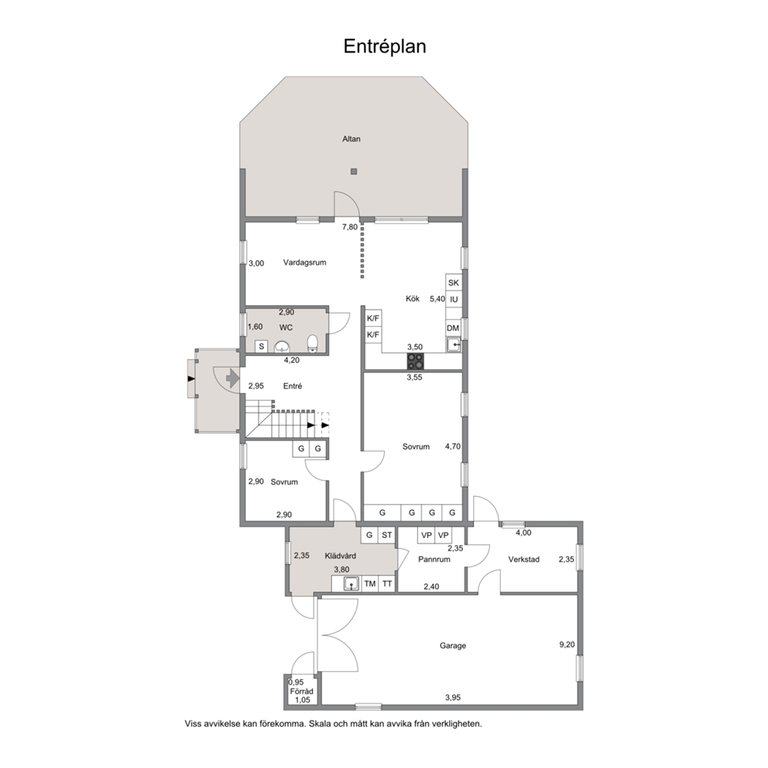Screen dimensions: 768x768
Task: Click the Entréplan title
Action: (385, 46)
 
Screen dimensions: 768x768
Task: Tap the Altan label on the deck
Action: (351, 139)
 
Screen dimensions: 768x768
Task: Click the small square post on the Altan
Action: (354, 171)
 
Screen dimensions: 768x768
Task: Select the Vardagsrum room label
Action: (305, 262)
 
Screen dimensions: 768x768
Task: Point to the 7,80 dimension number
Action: (350, 228)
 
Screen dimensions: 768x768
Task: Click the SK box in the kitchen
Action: (454, 283)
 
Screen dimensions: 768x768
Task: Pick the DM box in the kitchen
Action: (453, 328)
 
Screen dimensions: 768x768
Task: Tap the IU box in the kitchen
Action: (454, 300)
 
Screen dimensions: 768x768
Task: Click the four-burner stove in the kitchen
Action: (416, 362)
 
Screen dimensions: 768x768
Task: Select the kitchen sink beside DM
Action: (454, 345)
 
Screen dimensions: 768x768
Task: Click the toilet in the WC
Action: (312, 343)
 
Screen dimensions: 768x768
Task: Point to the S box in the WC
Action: (262, 346)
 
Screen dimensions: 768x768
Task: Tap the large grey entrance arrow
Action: (232, 378)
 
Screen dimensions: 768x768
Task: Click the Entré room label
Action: (293, 386)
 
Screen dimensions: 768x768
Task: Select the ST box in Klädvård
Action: (386, 535)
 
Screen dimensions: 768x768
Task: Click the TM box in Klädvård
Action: (370, 584)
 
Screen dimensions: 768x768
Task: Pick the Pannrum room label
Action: (434, 559)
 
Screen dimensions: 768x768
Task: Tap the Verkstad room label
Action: (523, 559)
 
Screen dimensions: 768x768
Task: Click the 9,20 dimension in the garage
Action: (567, 645)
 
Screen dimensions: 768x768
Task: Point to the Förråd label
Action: (301, 691)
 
